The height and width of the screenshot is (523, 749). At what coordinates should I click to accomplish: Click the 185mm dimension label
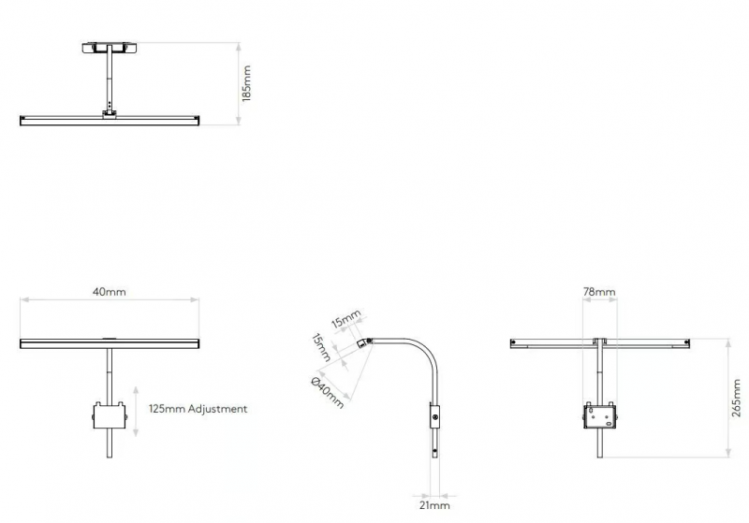246,83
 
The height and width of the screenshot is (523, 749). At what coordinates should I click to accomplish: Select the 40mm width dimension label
110,292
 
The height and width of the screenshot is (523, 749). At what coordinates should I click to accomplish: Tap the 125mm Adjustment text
198,409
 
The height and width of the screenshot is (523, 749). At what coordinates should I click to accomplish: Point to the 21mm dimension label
434,505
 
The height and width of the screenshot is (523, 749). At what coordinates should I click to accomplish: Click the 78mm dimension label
599,292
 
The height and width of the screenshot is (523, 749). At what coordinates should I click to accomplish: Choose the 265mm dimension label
736,398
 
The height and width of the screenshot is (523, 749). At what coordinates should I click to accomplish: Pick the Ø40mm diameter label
327,393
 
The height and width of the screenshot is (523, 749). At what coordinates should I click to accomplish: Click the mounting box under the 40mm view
110,415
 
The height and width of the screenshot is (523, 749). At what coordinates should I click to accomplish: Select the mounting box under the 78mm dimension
599,415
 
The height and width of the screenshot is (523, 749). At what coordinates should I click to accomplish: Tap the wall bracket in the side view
434,416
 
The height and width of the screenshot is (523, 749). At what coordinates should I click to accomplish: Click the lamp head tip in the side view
363,343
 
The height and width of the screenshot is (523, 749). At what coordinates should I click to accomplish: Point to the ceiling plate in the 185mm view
110,48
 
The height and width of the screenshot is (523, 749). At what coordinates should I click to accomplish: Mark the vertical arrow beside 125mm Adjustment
136,412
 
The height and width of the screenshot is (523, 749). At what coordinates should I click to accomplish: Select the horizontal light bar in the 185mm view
110,121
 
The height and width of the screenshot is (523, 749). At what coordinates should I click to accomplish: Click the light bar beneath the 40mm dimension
110,343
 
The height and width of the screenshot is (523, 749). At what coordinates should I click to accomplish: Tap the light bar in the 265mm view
599,343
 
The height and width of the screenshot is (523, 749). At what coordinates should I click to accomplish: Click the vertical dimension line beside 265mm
728,398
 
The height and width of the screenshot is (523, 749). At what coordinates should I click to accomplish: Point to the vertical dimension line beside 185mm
239,84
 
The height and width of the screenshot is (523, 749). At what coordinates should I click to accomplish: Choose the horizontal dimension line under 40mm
110,300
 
